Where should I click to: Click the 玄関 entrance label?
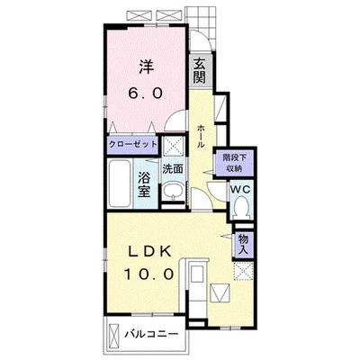(x=199, y=71)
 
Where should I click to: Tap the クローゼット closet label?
(x=132, y=144)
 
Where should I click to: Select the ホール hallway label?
(x=202, y=137)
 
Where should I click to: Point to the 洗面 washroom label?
(x=173, y=169)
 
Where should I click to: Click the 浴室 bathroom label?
(x=144, y=184)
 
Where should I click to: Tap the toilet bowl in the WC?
(x=242, y=207)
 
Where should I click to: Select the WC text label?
(x=240, y=189)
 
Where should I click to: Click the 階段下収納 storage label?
(x=234, y=162)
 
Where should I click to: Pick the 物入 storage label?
(x=244, y=246)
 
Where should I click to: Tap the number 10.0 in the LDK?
(x=149, y=274)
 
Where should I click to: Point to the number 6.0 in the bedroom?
(x=146, y=93)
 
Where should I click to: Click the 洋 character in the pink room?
(x=146, y=67)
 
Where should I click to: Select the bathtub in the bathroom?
(x=121, y=184)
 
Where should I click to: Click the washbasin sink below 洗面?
(x=173, y=191)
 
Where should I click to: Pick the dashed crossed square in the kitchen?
(x=243, y=271)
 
